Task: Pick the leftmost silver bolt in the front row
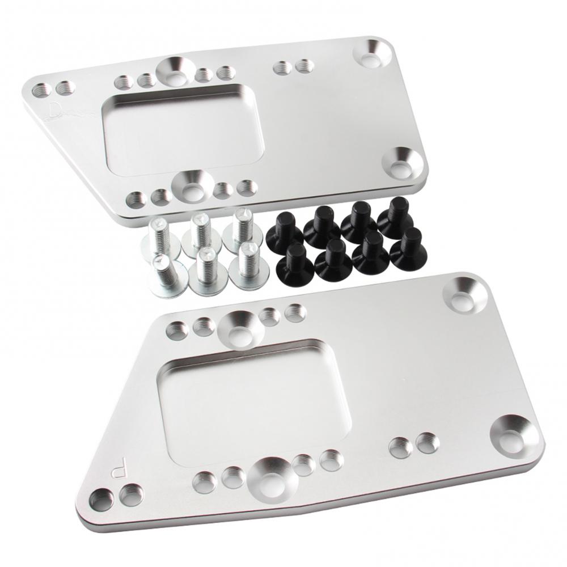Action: point(164,274)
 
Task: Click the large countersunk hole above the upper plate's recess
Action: point(175,69)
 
